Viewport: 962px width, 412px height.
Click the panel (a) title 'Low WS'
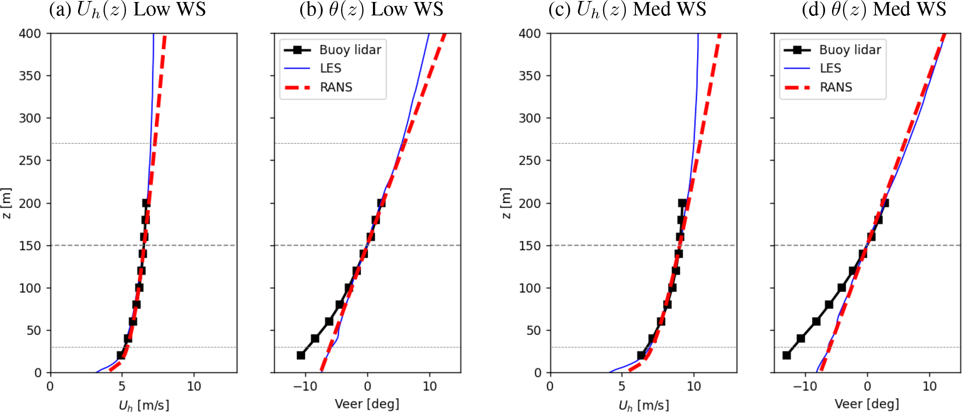click(x=170, y=9)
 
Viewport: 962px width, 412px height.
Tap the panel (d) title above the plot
click(x=874, y=9)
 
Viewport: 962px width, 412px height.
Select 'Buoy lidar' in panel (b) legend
click(x=350, y=50)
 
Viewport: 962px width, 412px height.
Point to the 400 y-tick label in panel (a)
click(x=30, y=34)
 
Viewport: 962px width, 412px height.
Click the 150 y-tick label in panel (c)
click(x=530, y=246)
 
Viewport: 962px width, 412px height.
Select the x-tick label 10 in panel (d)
click(x=930, y=387)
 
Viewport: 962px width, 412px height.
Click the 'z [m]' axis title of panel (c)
click(x=506, y=203)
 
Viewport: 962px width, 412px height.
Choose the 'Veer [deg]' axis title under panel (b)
click(x=367, y=404)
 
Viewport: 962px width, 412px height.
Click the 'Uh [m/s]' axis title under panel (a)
click(x=144, y=405)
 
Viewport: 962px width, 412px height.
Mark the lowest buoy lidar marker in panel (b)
click(x=301, y=355)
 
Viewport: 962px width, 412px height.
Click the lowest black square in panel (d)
click(x=786, y=355)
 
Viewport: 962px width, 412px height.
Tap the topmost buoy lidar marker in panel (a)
click(x=146, y=203)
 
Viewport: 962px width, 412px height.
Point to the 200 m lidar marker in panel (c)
click(x=682, y=203)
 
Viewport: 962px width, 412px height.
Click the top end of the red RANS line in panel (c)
click(x=719, y=34)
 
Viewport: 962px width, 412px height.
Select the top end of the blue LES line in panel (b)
click(x=429, y=34)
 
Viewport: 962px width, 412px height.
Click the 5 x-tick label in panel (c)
click(x=621, y=387)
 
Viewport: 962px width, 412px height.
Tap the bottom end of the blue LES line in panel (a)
click(x=97, y=372)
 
